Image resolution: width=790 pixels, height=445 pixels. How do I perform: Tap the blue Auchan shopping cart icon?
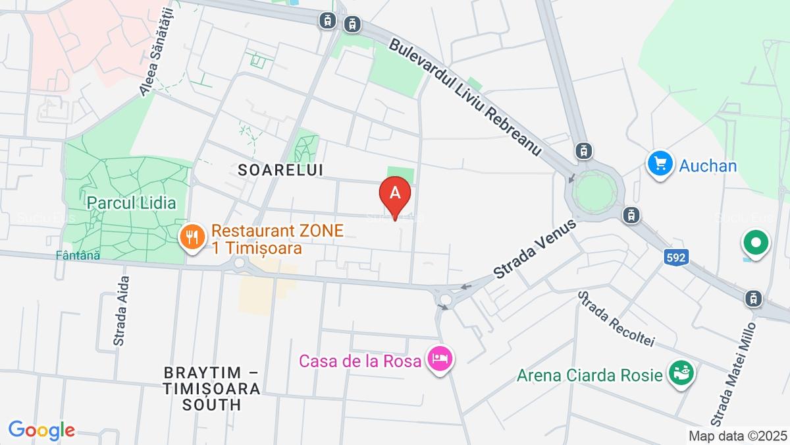point(658,163)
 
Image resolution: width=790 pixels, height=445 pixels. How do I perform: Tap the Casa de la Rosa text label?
point(359,361)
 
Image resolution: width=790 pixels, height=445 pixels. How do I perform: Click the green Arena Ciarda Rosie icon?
point(681,374)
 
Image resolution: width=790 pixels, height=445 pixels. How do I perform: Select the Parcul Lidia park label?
point(132,202)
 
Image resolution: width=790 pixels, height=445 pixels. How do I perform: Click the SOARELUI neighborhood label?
point(281,169)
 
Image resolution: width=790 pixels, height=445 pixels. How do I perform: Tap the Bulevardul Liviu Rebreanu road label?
point(465,97)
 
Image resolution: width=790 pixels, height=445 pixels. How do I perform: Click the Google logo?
point(41,430)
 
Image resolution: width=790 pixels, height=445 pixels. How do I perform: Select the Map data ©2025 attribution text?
point(737,436)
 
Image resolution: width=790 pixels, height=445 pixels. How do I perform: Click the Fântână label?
point(78,256)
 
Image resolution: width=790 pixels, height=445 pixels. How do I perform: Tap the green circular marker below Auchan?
point(756,243)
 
